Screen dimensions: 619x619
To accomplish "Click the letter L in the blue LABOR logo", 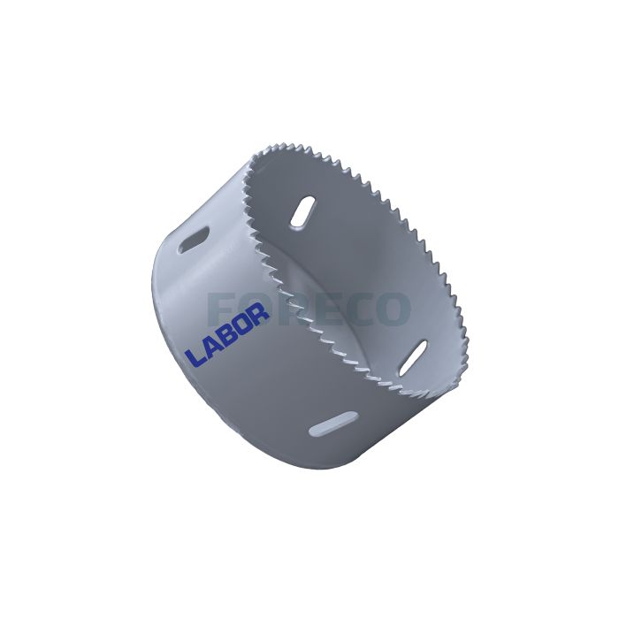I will (193, 357).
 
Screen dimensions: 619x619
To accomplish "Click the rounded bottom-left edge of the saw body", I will (177, 389).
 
